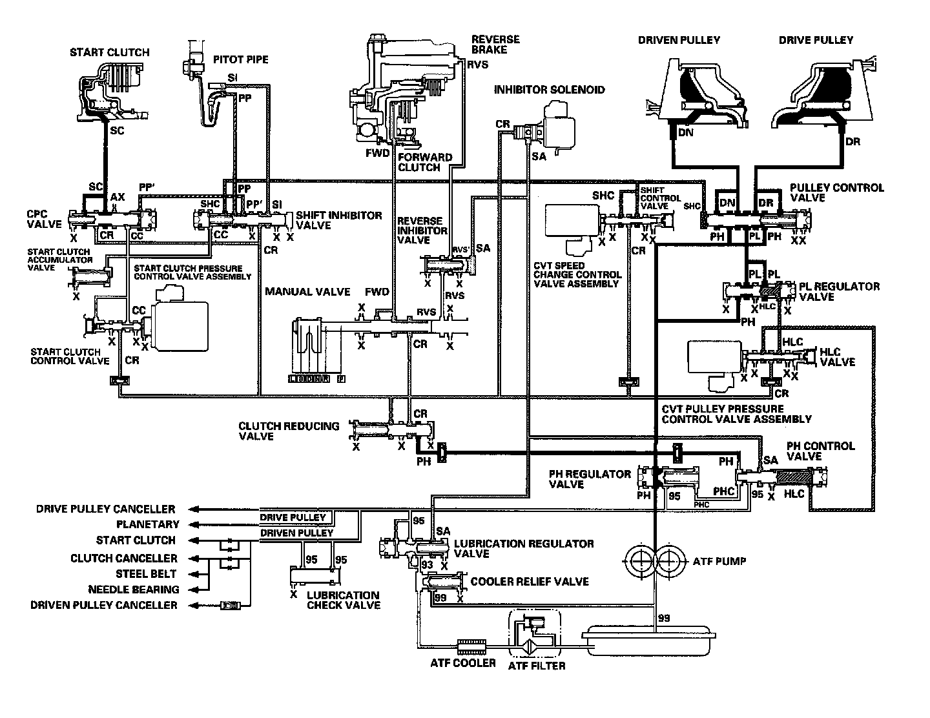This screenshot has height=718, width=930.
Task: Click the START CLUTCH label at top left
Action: click(109, 52)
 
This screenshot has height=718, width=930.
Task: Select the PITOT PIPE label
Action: click(240, 60)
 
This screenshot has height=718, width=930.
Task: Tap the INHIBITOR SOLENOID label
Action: click(549, 90)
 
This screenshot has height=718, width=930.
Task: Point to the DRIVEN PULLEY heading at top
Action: click(679, 40)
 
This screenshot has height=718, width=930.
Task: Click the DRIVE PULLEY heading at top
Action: click(816, 40)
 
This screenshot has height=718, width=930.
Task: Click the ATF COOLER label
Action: click(463, 663)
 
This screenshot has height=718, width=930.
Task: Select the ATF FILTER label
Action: click(537, 665)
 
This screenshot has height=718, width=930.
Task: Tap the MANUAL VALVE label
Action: click(307, 292)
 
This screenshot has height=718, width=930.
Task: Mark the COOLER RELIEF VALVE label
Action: click(530, 582)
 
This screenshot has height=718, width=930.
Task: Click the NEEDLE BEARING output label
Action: click(133, 590)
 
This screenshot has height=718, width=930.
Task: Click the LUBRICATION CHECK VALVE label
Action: click(343, 600)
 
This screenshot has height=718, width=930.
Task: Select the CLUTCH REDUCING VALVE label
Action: click(289, 431)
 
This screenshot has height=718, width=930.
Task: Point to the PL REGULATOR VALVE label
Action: click(839, 291)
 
